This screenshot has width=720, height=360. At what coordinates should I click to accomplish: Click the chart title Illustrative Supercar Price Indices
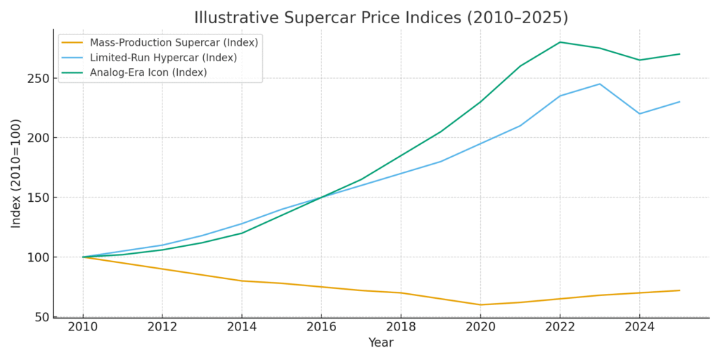(x=380, y=18)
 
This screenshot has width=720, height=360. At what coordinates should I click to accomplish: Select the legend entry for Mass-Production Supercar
(x=174, y=43)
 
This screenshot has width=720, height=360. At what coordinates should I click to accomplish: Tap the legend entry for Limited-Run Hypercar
(x=163, y=58)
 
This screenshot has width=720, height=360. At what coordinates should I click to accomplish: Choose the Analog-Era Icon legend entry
(x=148, y=72)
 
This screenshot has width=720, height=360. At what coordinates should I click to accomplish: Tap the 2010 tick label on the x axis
(x=83, y=328)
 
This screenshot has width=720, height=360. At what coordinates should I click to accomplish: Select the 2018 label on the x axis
(x=401, y=328)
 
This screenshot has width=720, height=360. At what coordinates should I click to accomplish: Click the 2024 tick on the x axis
(x=639, y=328)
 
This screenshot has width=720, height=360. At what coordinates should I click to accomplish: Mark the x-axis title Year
(x=380, y=343)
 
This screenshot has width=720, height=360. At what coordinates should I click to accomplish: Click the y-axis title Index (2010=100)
(x=16, y=173)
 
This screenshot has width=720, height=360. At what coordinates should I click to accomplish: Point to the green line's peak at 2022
(x=560, y=42)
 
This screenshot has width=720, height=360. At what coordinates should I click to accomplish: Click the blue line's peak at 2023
(x=600, y=84)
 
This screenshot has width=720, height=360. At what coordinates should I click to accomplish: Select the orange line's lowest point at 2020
(x=480, y=304)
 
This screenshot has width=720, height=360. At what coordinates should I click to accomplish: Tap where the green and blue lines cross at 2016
(x=321, y=198)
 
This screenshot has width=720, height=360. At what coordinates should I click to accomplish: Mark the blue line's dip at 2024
(x=639, y=114)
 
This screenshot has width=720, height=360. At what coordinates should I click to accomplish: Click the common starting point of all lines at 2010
(x=83, y=257)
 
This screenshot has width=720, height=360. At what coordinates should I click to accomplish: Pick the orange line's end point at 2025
(x=679, y=290)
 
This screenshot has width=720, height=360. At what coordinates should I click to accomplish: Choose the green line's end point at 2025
(x=679, y=54)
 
